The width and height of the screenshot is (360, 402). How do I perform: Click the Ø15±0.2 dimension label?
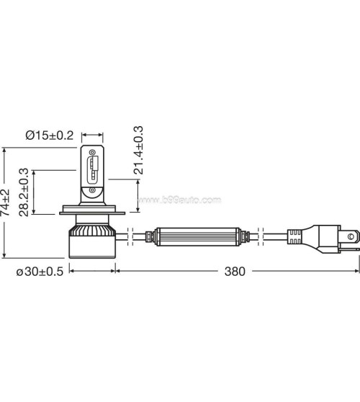(x=48, y=135)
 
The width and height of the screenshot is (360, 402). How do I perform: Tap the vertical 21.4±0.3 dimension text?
(x=139, y=151)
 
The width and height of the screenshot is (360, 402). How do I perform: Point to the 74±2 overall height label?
(x=6, y=203)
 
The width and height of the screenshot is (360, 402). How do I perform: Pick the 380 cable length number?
(x=235, y=272)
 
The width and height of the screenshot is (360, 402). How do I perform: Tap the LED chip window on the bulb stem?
(x=93, y=170)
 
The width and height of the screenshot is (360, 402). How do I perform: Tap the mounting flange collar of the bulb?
(x=93, y=213)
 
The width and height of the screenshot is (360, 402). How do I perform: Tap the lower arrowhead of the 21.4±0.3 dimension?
(x=138, y=182)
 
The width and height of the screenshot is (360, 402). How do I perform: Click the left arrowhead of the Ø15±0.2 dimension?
(x=84, y=135)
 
